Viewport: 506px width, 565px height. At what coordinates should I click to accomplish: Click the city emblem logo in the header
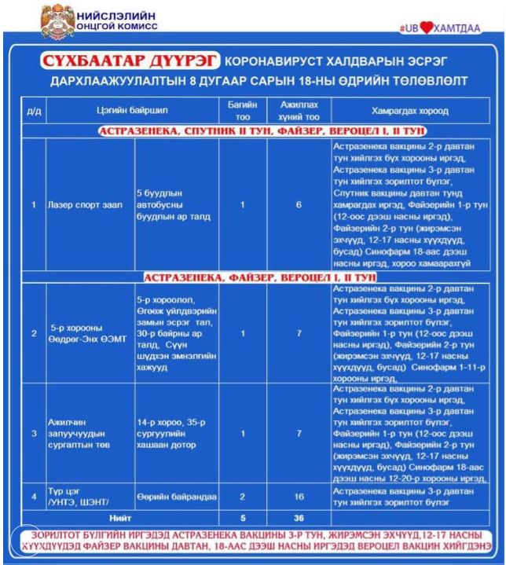point(57,17)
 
